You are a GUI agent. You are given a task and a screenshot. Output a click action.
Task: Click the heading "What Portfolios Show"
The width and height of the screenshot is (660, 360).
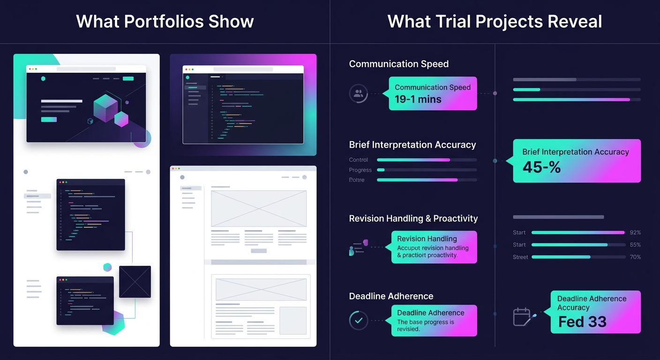coord(165,22)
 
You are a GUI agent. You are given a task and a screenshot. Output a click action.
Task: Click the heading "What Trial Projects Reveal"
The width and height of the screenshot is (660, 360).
coord(495,22)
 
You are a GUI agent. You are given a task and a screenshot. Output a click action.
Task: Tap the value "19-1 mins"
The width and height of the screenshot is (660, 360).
coord(418,99)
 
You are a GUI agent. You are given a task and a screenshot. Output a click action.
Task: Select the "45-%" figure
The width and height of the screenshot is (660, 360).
coord(541,167)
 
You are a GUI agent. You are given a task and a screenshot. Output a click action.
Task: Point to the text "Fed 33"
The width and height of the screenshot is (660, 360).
coord(582,322)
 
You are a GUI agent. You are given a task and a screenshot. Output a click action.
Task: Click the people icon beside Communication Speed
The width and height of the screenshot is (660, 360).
coord(359,93)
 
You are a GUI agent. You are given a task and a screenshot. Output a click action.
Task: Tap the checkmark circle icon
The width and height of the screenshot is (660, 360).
coord(359,321)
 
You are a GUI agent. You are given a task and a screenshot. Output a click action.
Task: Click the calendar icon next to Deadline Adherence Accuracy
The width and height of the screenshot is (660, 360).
coord(522,317)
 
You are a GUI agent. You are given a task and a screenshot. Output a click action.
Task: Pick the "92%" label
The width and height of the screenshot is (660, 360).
coord(635,232)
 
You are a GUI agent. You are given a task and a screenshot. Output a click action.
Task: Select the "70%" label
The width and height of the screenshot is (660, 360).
coord(635,257)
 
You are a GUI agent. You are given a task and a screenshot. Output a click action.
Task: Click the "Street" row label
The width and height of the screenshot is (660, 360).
coord(520,257)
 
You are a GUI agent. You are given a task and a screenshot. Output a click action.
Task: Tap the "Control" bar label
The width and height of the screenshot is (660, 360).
coord(359,160)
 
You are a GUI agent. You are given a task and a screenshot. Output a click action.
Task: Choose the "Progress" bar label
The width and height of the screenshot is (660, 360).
coord(360,170)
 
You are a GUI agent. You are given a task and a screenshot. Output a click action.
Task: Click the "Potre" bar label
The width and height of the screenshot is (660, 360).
coord(357,180)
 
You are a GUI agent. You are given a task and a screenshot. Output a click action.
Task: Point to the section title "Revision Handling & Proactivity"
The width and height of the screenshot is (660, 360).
coord(413,218)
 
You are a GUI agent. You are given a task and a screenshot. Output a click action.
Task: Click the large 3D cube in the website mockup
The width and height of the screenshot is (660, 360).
coord(105,107)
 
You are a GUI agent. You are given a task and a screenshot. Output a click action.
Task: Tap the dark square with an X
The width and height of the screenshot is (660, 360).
coord(135,282)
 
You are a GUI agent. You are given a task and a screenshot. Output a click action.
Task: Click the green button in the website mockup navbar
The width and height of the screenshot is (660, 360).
coord(128,79)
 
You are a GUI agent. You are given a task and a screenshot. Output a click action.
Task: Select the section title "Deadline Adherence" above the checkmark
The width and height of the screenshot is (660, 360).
coord(391,296)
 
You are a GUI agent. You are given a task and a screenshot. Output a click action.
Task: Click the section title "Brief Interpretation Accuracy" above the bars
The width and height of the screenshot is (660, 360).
coord(412,145)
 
